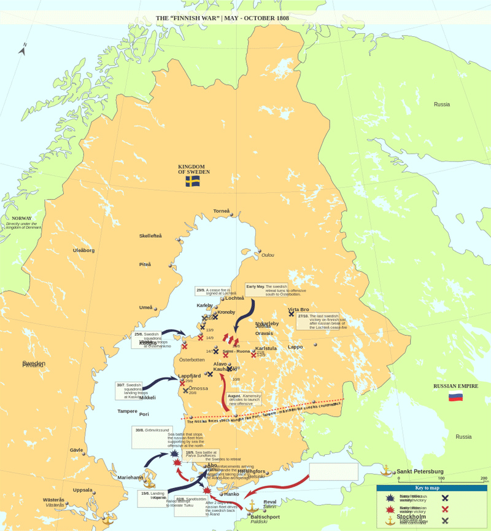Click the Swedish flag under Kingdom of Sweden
(x=193, y=181)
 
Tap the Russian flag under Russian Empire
(x=455, y=397)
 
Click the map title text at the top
(x=222, y=18)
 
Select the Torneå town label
(x=222, y=211)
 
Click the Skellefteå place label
(x=150, y=236)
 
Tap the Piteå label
(x=145, y=264)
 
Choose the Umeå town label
(x=146, y=307)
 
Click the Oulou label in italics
(x=268, y=255)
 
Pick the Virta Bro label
(x=299, y=310)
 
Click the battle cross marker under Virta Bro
(x=292, y=314)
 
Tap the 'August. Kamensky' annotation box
(x=244, y=399)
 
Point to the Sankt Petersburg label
(x=420, y=472)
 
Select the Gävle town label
(x=76, y=450)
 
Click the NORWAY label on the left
(x=21, y=218)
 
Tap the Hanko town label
(x=232, y=494)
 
